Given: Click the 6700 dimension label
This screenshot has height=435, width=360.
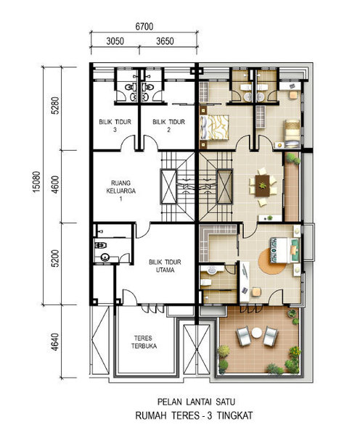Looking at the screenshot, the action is (x=144, y=27).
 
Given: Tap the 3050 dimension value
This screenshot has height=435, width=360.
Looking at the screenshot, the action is (x=115, y=41).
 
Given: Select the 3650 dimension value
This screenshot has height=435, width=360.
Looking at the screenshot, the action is (x=165, y=41).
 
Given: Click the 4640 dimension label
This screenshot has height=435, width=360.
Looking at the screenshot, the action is (x=55, y=341).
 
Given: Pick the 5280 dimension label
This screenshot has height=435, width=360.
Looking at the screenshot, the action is (x=55, y=105).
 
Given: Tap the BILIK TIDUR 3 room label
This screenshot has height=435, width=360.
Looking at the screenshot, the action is (x=115, y=125).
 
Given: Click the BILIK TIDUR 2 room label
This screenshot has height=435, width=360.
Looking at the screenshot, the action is (x=168, y=125).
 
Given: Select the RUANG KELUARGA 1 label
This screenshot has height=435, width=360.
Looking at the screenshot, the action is (x=120, y=191).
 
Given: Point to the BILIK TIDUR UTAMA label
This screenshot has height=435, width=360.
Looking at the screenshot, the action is (x=165, y=266).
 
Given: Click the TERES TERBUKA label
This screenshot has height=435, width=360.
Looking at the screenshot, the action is (x=144, y=342).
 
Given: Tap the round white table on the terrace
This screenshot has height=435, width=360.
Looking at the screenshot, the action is (x=257, y=333).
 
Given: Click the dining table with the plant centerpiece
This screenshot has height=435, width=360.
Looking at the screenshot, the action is (x=263, y=186).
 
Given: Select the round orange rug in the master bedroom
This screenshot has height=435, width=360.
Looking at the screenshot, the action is (x=272, y=261).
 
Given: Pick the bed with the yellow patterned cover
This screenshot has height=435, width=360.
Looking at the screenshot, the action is (x=214, y=128).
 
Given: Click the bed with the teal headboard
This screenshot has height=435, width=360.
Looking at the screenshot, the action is (x=285, y=250).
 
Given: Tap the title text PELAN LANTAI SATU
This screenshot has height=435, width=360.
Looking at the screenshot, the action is (x=196, y=402).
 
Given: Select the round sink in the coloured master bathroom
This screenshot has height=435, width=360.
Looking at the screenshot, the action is (x=212, y=270).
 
